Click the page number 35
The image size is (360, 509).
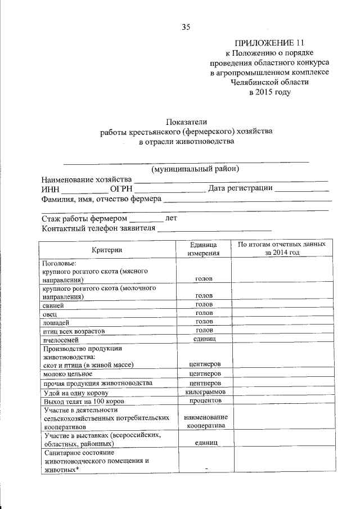[x=186, y=26]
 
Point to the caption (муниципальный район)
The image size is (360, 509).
[x=195, y=169]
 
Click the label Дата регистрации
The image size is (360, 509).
[x=241, y=188]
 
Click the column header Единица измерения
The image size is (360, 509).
[x=203, y=249]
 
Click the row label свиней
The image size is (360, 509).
[x=53, y=304]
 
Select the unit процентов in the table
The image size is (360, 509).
[x=204, y=400]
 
